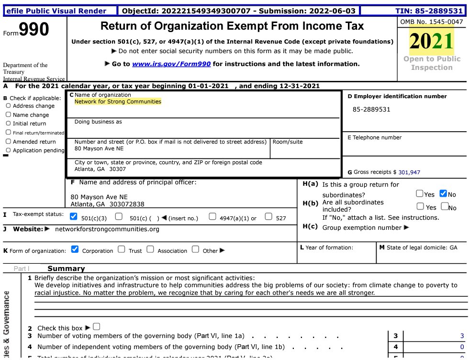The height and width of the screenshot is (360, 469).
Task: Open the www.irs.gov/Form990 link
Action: pos(171,64)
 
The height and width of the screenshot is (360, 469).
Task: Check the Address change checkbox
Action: pos(9,106)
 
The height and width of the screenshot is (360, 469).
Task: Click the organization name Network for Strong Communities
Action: pos(118,101)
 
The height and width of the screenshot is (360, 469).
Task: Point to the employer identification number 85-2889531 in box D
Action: pos(371,109)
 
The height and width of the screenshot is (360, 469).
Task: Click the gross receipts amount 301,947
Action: pos(409,172)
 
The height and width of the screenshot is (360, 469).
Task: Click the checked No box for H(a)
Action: pos(443,194)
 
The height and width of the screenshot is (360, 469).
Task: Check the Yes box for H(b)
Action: pos(420,207)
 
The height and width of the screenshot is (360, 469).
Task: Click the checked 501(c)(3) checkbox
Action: pos(73,217)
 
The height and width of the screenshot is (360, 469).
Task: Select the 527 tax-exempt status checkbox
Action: pos(268,217)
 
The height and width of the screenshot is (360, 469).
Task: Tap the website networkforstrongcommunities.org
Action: pos(107,229)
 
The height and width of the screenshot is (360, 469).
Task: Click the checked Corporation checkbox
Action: pos(75,249)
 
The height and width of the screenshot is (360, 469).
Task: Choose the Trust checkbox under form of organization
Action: pos(121,249)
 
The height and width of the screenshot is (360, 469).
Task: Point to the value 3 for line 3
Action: pos(461,336)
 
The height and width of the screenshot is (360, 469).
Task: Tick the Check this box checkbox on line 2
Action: pos(97,327)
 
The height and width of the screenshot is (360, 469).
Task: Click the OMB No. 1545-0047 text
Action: pos(431,22)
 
